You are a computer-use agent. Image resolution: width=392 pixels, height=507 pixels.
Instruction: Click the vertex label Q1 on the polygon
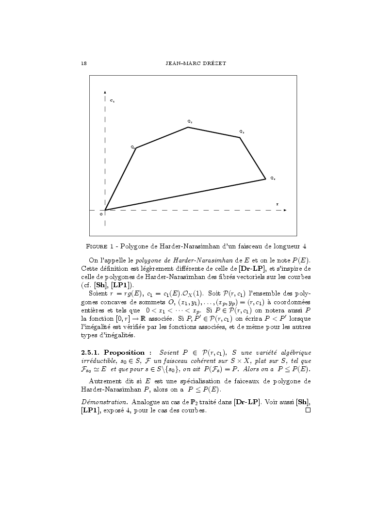tap(132, 147)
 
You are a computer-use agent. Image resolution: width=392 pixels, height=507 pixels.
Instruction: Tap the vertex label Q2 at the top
tap(190, 121)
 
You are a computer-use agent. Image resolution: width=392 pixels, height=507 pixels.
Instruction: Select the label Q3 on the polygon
tap(241, 131)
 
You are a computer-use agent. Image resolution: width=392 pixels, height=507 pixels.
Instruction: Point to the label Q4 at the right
tap(273, 179)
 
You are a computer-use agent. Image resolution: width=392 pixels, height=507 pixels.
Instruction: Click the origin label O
tap(101, 214)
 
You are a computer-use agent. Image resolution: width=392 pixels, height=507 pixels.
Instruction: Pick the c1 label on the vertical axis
tap(112, 101)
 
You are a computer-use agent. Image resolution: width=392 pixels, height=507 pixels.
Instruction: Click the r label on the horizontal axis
tap(277, 204)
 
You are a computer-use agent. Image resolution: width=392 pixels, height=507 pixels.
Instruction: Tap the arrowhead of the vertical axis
tap(105, 92)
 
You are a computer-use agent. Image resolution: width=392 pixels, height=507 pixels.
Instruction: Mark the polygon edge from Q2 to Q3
tap(214, 132)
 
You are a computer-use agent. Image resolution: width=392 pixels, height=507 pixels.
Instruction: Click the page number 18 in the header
tap(83, 63)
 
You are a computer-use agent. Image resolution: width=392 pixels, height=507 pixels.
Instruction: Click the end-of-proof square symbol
tap(307, 410)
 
